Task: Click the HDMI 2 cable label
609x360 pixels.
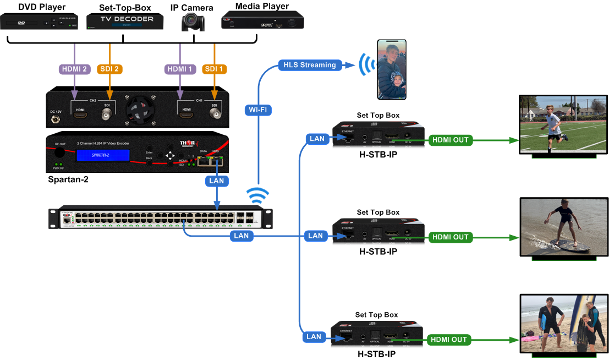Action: [74, 69]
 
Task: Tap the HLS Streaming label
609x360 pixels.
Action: [309, 65]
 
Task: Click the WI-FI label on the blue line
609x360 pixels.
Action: [258, 110]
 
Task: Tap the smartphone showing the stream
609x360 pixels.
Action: [392, 69]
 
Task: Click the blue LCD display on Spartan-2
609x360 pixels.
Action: [103, 156]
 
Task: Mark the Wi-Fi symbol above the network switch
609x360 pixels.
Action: [257, 195]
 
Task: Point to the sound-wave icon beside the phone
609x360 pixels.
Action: [364, 64]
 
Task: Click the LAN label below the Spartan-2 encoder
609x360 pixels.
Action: [216, 180]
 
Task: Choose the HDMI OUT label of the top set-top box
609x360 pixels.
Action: [451, 140]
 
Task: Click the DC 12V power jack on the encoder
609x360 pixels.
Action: [55, 118]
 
